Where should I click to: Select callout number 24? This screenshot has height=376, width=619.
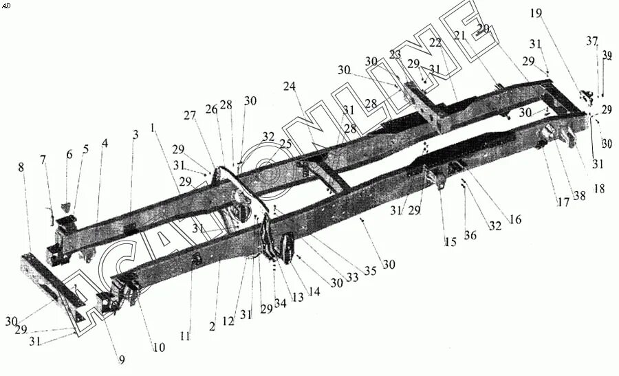pos(289,87)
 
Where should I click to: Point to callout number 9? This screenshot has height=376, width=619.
pos(122,358)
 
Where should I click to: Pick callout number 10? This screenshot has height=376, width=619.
pos(159,348)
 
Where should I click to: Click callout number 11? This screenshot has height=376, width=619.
pos(185,337)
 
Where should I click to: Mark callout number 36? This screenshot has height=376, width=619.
pos(470,236)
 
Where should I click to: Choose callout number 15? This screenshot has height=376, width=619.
pos(450,241)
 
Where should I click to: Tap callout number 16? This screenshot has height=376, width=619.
pos(515,219)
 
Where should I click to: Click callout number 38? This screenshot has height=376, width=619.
pos(580,195)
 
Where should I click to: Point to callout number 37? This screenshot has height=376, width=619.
pos(592,41)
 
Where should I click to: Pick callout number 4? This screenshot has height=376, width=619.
pos(105,144)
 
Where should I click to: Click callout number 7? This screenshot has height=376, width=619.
pos(43,160)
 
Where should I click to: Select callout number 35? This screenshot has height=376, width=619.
pos(370,271)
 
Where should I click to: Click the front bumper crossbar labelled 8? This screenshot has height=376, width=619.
pos(52,282)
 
